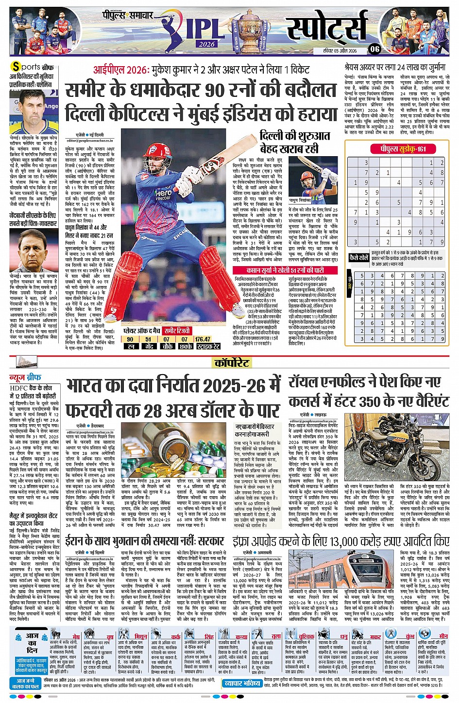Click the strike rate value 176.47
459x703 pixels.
tap(203, 339)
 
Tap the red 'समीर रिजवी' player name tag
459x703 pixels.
tap(181, 331)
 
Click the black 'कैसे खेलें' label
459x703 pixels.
tap(358, 257)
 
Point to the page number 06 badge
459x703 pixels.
tap(374, 49)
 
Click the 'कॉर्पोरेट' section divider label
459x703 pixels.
tap(232, 362)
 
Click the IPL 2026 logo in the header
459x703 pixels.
tap(197, 30)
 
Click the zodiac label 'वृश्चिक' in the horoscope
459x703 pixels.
tap(306, 636)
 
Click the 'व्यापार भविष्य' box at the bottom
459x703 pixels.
tap(242, 684)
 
